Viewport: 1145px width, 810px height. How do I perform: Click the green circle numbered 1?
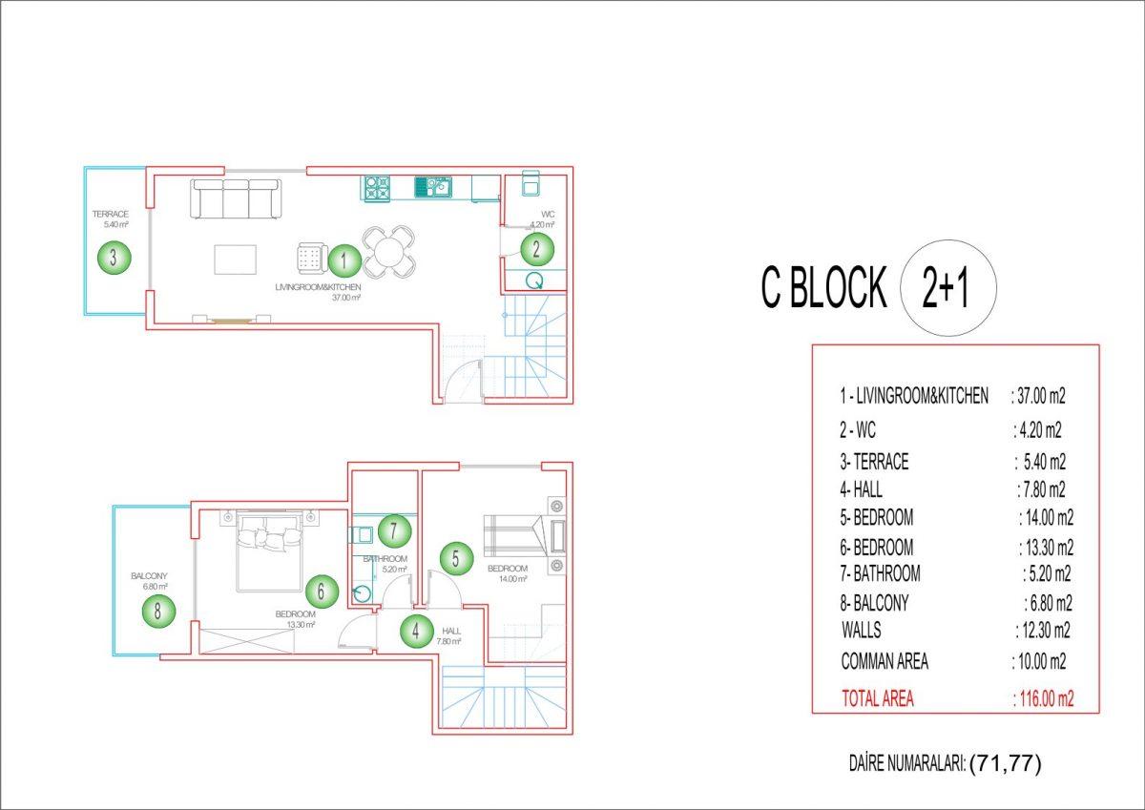tap(344, 260)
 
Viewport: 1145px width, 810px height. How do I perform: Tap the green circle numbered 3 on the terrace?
tap(114, 257)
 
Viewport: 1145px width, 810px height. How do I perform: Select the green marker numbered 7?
tap(395, 531)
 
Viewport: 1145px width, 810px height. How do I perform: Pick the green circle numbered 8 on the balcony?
tap(158, 611)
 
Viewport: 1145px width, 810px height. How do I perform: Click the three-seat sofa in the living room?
tap(236, 198)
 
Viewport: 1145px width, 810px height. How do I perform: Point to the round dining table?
tap(388, 253)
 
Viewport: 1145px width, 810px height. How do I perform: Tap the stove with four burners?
tap(377, 189)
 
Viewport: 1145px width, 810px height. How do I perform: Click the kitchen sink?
tap(433, 187)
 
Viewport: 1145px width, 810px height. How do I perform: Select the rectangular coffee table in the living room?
tap(235, 260)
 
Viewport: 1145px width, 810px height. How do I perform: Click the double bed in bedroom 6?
tap(268, 551)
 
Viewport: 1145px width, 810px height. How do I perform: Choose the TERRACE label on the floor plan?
tap(110, 214)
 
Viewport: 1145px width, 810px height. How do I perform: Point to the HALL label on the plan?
tap(451, 632)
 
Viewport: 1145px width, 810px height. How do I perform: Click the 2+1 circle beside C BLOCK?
tap(948, 288)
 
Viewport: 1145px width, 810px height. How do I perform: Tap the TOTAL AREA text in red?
tap(878, 698)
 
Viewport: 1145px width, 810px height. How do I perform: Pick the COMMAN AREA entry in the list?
tap(885, 661)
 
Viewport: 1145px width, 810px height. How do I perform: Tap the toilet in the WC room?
tap(531, 183)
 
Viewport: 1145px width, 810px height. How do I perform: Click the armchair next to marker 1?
tap(312, 258)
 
